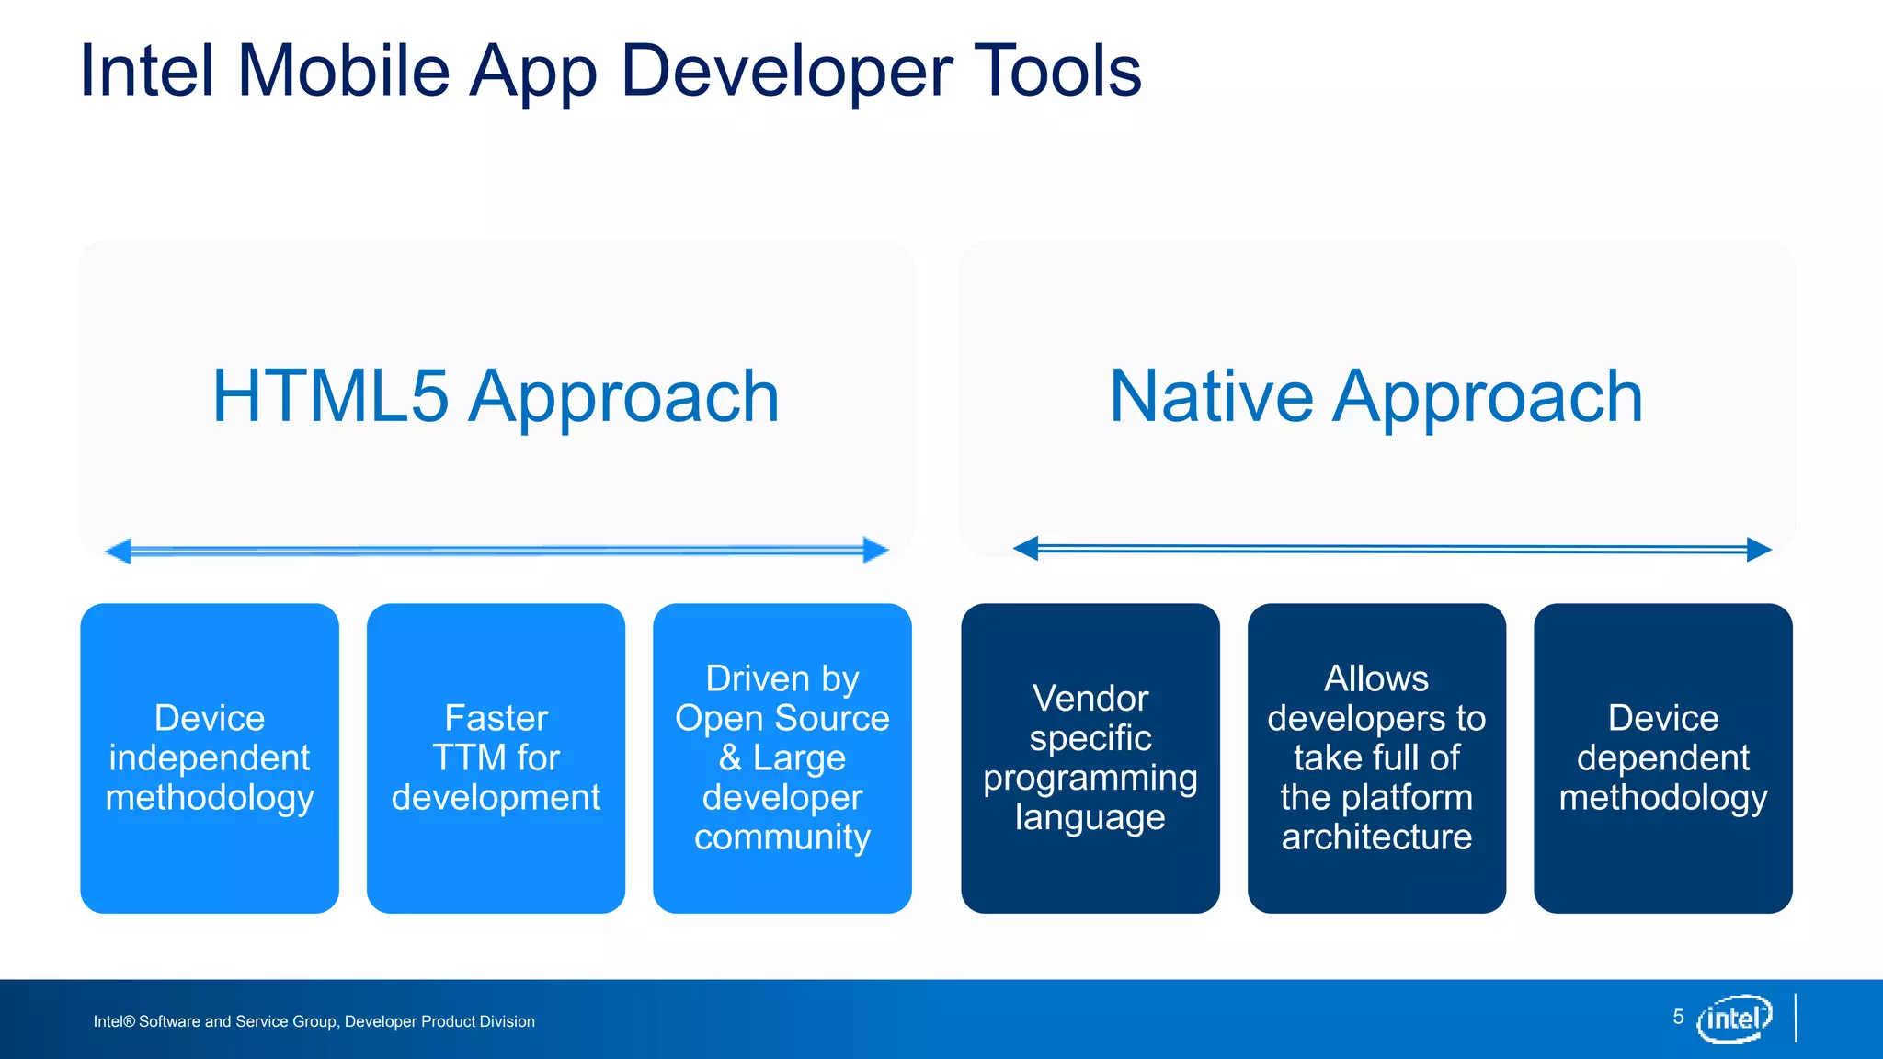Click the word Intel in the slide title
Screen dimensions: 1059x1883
(x=147, y=71)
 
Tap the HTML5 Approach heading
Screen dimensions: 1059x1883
(x=496, y=396)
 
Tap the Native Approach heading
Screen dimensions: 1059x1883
(x=1375, y=396)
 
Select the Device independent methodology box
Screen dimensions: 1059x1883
(x=210, y=757)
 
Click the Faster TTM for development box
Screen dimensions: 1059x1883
(x=496, y=757)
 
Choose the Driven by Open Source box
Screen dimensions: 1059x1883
(x=782, y=757)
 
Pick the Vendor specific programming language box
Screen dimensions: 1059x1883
(x=1090, y=757)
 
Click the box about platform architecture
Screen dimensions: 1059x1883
(x=1376, y=757)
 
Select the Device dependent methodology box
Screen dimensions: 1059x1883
(x=1662, y=757)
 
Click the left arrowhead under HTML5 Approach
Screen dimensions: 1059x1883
(x=118, y=552)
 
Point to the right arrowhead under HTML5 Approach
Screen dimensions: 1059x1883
(x=876, y=551)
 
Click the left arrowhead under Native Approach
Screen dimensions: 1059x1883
(x=1025, y=549)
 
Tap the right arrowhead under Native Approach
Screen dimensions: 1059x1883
(x=1759, y=550)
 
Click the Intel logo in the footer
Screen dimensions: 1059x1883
(x=1734, y=1019)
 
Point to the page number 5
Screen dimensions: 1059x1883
(x=1678, y=1017)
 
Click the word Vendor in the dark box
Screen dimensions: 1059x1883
(x=1090, y=699)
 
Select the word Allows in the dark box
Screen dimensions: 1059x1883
(x=1376, y=678)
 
